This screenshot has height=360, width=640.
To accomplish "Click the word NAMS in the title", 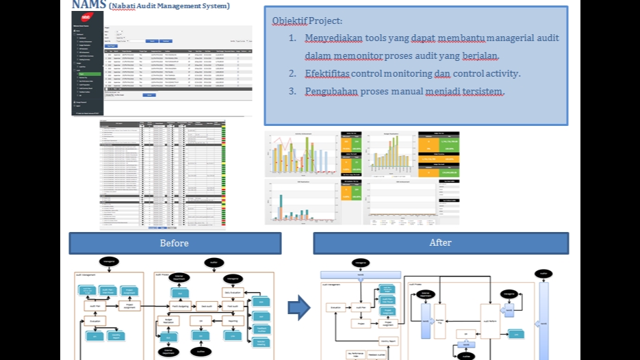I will [88, 4].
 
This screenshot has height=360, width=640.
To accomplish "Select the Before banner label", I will [174, 243].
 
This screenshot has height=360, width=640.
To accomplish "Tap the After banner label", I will [440, 243].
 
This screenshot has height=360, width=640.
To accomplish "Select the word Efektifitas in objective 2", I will [328, 73].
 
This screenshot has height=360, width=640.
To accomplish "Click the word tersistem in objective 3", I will [484, 91].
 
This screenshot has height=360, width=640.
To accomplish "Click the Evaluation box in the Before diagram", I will [96, 320].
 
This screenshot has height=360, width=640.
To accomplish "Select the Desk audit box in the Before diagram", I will [202, 306].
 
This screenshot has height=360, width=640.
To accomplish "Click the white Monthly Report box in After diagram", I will [388, 340].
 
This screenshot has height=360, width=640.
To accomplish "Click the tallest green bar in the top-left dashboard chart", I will [311, 155].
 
